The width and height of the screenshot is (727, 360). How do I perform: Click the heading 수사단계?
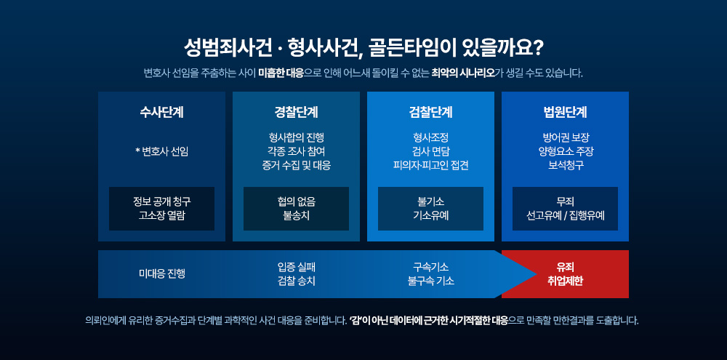click(x=162, y=112)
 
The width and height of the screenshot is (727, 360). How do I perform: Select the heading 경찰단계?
click(x=297, y=112)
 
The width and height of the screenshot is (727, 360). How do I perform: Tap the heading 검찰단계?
click(x=430, y=112)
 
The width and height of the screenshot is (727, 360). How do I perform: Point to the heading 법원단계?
click(x=565, y=112)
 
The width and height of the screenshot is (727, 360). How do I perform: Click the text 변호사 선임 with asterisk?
click(x=162, y=152)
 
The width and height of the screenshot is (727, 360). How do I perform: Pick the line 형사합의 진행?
click(x=297, y=137)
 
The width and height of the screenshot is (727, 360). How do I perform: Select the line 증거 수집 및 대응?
click(x=297, y=166)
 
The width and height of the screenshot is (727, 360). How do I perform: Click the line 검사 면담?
click(x=430, y=152)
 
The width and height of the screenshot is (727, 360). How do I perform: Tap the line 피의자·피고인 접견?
click(x=430, y=166)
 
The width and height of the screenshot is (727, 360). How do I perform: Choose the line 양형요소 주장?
click(x=565, y=152)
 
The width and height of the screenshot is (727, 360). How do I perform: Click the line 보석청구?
click(x=565, y=166)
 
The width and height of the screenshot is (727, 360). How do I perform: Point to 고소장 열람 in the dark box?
click(x=162, y=216)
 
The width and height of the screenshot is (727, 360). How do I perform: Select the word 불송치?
click(x=297, y=216)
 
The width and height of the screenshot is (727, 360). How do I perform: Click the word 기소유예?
click(x=430, y=216)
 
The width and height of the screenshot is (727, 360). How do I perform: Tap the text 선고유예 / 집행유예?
click(x=565, y=216)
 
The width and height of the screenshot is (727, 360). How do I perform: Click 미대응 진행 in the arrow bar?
click(x=162, y=273)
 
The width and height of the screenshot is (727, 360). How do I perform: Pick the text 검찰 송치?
click(x=297, y=281)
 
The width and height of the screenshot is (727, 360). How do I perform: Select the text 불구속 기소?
click(x=430, y=281)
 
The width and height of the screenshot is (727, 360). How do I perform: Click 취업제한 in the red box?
click(x=565, y=281)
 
